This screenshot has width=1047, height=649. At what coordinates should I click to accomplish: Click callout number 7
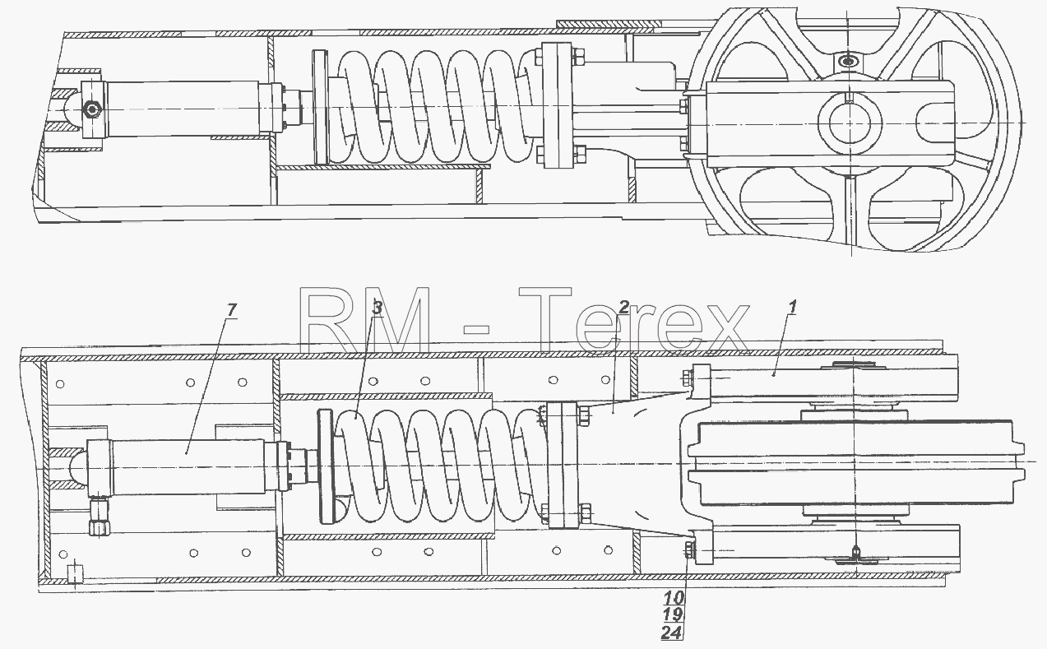click(x=232, y=309)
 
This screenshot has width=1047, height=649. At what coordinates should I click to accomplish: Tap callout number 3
click(x=378, y=308)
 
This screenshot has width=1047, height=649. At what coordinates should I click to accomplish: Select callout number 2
click(x=624, y=307)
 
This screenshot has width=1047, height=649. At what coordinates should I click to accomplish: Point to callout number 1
click(x=792, y=307)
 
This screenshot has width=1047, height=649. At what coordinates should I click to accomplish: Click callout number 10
click(x=673, y=597)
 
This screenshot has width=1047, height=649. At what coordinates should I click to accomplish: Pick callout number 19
click(x=673, y=614)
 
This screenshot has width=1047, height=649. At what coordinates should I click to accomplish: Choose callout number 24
click(x=672, y=633)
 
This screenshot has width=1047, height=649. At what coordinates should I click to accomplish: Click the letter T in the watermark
click(x=545, y=319)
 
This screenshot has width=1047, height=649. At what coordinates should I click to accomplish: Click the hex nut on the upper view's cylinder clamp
click(x=92, y=110)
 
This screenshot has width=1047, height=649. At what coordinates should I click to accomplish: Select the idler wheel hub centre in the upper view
click(x=850, y=123)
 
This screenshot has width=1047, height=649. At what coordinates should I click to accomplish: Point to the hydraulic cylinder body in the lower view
click(x=187, y=466)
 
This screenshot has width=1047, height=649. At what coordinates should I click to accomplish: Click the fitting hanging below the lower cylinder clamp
click(x=99, y=517)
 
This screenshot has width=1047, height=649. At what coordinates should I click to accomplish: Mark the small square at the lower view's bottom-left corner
click(x=75, y=573)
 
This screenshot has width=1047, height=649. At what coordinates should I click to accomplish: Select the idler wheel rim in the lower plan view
click(x=856, y=463)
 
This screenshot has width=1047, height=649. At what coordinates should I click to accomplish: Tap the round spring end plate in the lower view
click(x=326, y=466)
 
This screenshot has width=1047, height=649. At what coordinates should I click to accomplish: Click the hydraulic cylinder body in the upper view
click(x=183, y=109)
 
